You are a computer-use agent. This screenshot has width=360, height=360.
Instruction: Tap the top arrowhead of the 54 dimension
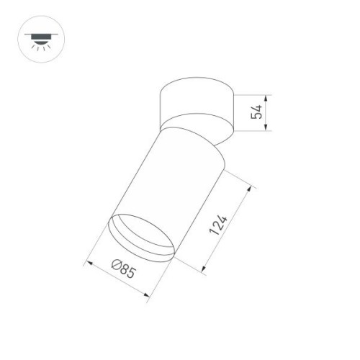pos(269,96)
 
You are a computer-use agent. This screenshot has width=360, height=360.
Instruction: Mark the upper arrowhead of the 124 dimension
pos(254,186)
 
